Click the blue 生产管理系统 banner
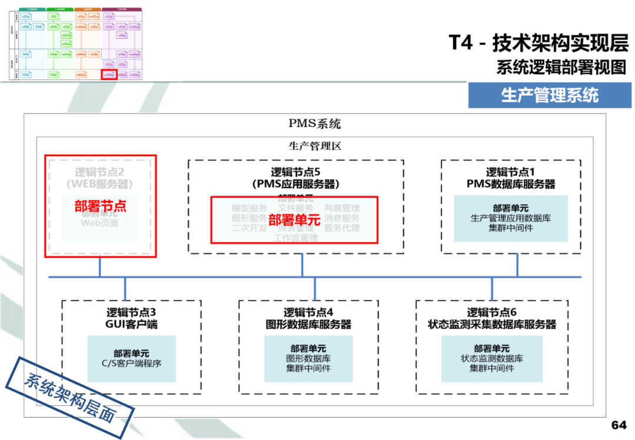pyautogui.click(x=549, y=95)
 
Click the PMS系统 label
pyautogui.click(x=315, y=124)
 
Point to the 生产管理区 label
pyautogui.click(x=315, y=145)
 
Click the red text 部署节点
pyautogui.click(x=101, y=206)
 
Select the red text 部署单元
pyautogui.click(x=294, y=220)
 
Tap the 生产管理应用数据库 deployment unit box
pyautogui.click(x=510, y=218)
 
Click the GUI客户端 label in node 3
pyautogui.click(x=131, y=324)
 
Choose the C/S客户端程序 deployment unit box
pyautogui.click(x=131, y=358)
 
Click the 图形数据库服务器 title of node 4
pyautogui.click(x=309, y=324)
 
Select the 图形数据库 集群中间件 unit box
pyautogui.click(x=309, y=358)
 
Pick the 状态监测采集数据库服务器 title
pyautogui.click(x=492, y=324)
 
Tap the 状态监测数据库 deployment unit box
pyautogui.click(x=492, y=358)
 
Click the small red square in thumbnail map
pyautogui.click(x=109, y=75)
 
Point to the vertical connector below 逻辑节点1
pyautogui.click(x=517, y=265)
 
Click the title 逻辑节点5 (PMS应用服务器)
pyautogui.click(x=296, y=178)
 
